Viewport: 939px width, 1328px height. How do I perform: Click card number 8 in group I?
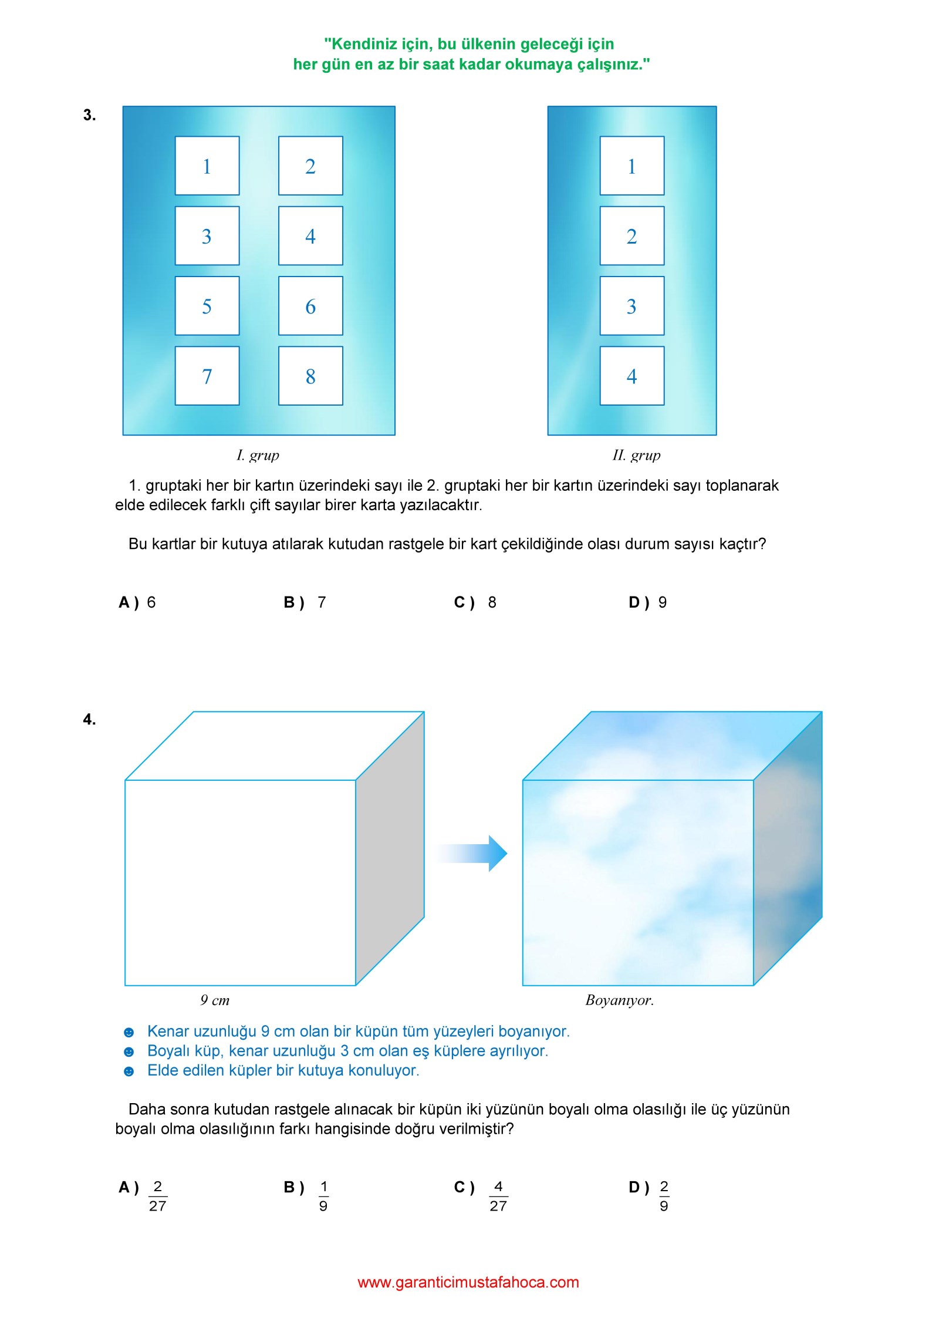310,376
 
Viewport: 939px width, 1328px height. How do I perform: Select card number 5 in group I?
207,306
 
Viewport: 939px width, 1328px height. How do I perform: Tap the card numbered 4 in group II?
631,376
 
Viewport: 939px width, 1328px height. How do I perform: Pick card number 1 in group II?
631,166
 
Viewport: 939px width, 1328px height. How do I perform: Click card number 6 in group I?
310,306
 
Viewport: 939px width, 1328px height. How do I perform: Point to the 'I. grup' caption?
258,455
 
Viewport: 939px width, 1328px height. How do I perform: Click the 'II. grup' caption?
636,455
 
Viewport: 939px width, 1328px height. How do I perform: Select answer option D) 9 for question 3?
647,602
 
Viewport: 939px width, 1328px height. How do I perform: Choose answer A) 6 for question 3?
137,602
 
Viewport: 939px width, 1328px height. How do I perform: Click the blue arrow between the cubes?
473,853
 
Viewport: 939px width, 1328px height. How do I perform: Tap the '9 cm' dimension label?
215,1000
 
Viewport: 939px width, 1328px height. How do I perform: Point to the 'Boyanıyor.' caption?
619,1000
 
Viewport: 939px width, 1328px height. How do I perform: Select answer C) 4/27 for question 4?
481,1196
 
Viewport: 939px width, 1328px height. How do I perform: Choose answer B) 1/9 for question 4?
307,1196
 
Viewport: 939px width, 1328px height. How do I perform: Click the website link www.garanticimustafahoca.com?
468,1282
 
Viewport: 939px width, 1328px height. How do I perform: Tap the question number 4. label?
89,719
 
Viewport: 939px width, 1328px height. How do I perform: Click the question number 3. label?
89,115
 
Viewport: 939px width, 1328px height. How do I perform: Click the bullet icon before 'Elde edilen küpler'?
129,1071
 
